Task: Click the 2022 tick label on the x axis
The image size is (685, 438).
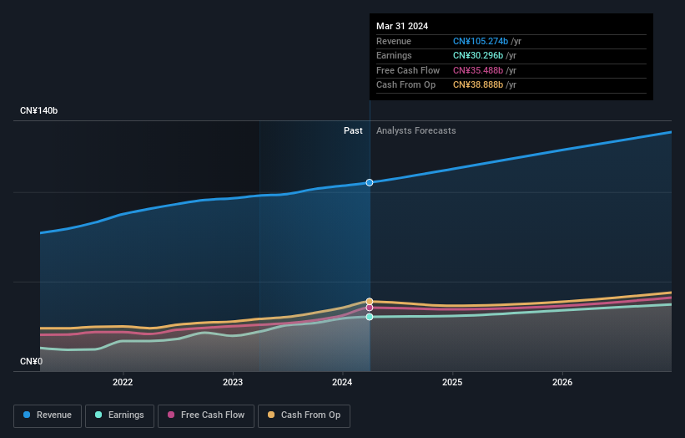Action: click(123, 383)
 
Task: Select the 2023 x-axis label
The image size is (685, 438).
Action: click(233, 383)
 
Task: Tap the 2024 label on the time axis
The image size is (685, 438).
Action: click(342, 383)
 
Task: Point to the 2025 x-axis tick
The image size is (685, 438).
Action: click(452, 383)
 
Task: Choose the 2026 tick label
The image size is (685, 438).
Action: click(562, 383)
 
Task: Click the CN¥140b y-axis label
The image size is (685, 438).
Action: click(38, 110)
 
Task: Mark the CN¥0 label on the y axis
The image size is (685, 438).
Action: click(32, 362)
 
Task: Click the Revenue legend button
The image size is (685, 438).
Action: click(48, 415)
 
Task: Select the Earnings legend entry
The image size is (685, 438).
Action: click(120, 415)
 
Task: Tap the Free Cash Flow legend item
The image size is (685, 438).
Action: click(205, 415)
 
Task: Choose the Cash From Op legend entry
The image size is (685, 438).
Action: click(304, 415)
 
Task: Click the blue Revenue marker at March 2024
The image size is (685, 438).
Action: click(370, 182)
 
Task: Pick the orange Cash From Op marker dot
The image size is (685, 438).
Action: click(370, 301)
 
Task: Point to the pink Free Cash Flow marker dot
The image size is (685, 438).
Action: click(370, 308)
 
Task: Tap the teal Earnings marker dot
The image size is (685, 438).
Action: click(370, 317)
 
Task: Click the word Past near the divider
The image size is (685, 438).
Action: click(353, 130)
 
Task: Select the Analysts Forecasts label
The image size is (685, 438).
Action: click(416, 130)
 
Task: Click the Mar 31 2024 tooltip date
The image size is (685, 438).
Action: click(402, 26)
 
